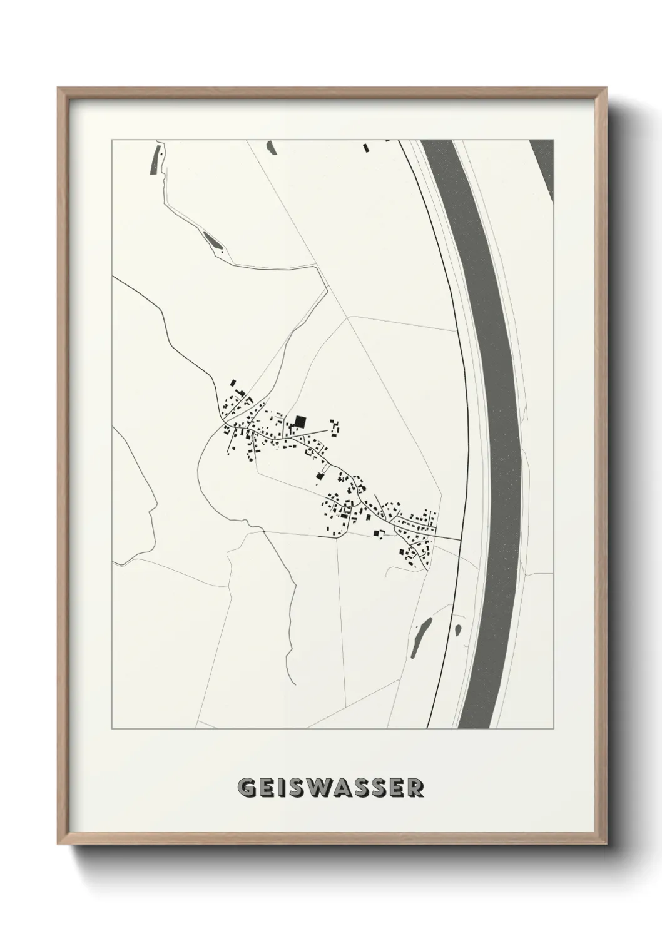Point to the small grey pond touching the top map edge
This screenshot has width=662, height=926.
(271, 148)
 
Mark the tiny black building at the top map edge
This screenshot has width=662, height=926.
(366, 148)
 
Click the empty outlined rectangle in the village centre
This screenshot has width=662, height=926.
(325, 467)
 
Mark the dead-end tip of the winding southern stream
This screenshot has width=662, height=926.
(292, 683)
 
